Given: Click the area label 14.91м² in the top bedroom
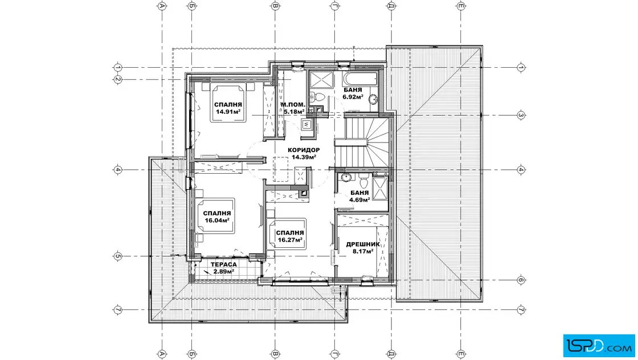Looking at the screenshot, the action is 228,112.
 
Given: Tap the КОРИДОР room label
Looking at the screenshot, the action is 304,150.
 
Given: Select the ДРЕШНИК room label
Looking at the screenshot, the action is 363,244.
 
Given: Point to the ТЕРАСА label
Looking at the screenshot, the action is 224,265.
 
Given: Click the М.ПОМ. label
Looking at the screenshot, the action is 293,105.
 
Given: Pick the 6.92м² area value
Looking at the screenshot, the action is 353,97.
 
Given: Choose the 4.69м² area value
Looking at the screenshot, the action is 359,200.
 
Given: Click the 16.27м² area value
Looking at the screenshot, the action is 290,240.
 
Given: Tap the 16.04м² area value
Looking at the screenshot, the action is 217,220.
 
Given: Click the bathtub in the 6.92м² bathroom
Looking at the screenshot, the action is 360,79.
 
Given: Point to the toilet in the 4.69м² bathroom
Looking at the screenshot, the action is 364,181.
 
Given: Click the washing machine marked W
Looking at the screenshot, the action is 307,125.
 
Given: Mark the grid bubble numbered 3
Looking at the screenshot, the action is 521,116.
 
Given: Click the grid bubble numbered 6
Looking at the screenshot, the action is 521,280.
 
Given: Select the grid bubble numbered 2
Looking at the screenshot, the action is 117,79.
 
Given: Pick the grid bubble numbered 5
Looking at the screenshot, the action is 117,256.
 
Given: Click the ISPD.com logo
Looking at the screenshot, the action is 599,346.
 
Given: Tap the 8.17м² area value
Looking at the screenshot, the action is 363,252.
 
